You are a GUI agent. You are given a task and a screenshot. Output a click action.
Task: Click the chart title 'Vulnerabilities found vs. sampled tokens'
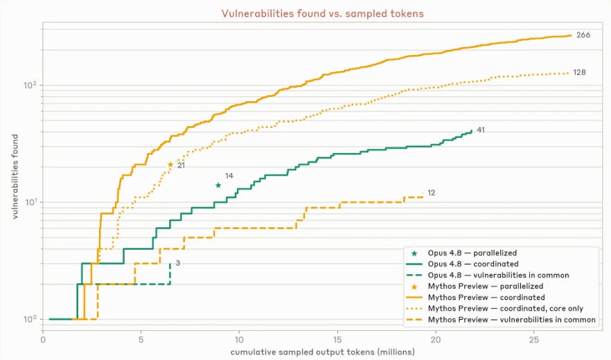click(x=322, y=14)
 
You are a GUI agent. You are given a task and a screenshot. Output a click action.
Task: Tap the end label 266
click(x=583, y=35)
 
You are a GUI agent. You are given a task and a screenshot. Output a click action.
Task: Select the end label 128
click(x=579, y=73)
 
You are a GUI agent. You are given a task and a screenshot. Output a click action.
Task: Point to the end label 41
click(x=481, y=130)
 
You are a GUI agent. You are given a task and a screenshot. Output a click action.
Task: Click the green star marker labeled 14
click(x=218, y=186)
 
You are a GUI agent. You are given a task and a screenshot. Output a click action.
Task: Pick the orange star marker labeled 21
click(x=170, y=165)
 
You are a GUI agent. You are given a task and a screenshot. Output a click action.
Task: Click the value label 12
click(x=431, y=193)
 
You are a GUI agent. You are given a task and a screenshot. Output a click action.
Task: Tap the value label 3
click(x=177, y=263)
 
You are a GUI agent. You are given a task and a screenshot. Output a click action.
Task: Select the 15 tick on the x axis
click(x=337, y=340)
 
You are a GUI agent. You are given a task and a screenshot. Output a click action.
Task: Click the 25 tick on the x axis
click(x=533, y=340)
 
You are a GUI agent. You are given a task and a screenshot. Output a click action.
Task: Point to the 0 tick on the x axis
click(x=43, y=340)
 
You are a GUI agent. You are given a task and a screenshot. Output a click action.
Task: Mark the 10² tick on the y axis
click(x=30, y=85)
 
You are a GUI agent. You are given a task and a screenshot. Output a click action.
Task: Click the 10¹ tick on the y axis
click(x=30, y=202)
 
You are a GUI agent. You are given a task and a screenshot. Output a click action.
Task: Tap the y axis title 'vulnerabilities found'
click(x=15, y=177)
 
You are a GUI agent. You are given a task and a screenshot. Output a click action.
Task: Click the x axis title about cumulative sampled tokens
click(x=322, y=352)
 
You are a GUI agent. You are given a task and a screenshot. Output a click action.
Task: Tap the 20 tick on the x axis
click(x=435, y=340)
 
